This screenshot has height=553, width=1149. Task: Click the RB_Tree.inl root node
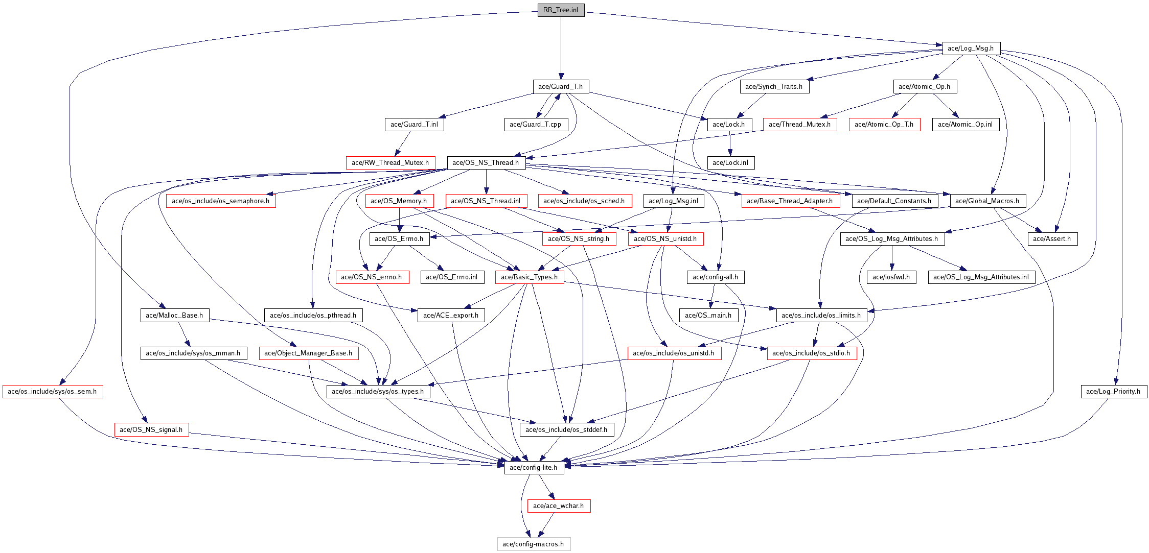point(561,10)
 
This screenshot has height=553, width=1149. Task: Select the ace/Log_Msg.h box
point(971,49)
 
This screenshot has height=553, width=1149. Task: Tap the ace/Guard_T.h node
point(560,87)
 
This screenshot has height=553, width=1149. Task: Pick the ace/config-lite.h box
point(534,468)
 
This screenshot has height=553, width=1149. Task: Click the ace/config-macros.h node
point(533,544)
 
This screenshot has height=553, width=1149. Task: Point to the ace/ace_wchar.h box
point(558,506)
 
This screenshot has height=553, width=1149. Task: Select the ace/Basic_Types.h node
point(529,277)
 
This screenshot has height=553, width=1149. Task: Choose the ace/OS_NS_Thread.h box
point(486,163)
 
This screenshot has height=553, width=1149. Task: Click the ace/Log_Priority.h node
point(1113,392)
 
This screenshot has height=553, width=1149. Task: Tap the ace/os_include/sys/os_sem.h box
point(52,392)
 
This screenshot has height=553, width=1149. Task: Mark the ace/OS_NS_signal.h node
point(151,430)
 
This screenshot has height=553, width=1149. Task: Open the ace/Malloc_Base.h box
point(174,316)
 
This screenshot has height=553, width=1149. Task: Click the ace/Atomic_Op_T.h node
point(884,125)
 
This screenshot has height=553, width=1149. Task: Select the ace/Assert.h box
point(1052,239)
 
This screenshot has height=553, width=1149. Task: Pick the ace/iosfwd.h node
point(891,277)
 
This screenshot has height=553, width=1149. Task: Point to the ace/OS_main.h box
point(708,316)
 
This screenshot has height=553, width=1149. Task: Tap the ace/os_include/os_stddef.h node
point(566,430)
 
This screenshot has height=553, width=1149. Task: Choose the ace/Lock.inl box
point(730,163)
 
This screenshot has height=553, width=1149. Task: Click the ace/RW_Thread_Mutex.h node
point(390,163)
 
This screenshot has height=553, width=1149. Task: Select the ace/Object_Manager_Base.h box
point(308,353)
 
